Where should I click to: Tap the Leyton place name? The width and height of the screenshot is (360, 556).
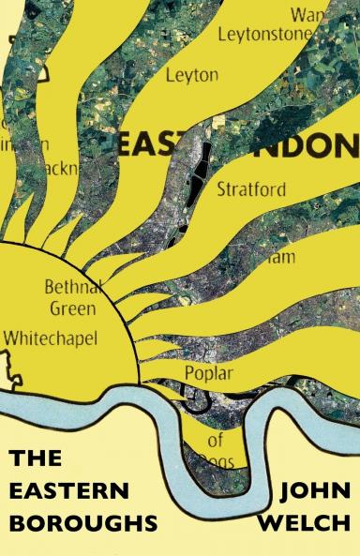pos(191,75)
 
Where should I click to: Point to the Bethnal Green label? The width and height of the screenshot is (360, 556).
pos(71,297)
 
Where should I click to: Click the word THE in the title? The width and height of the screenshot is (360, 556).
pos(35,459)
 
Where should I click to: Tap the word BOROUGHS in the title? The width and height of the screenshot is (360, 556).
pos(79,521)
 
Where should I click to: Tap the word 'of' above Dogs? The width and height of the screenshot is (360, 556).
pos(215,439)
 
